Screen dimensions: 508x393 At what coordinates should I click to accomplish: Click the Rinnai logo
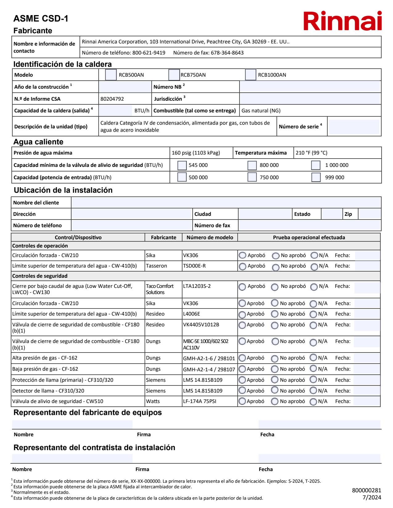[x=342, y=21]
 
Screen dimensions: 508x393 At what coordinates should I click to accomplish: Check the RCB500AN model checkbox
[x=111, y=75]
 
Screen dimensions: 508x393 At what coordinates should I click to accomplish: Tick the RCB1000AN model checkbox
[x=250, y=75]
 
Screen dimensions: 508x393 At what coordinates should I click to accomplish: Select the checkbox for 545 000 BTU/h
[x=182, y=165]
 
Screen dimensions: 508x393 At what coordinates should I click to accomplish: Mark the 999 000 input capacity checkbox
[x=316, y=177]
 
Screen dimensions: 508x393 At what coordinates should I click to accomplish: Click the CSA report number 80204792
[x=112, y=99]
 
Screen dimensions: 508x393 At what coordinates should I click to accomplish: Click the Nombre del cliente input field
[x=226, y=203]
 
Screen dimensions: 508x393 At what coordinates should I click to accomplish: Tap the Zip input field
[x=370, y=214]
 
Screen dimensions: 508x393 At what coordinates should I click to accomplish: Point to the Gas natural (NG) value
[x=261, y=111]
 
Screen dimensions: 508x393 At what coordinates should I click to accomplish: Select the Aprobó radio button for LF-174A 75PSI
[x=242, y=401]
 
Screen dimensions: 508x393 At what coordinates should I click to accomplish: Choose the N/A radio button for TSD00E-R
[x=314, y=267]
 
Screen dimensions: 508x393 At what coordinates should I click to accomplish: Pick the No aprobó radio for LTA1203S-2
[x=275, y=287]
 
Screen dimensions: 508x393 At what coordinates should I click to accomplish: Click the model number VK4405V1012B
[x=201, y=325]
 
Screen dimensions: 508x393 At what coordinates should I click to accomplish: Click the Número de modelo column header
[x=210, y=237]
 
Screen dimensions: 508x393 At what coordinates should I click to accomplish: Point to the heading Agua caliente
[x=38, y=142]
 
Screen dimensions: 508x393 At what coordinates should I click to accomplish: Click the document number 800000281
[x=366, y=490]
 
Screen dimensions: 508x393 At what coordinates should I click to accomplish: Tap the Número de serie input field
[x=354, y=127]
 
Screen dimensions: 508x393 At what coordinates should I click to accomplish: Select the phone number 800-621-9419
[x=149, y=53]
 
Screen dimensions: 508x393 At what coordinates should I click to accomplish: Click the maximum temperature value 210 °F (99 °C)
[x=311, y=153]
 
